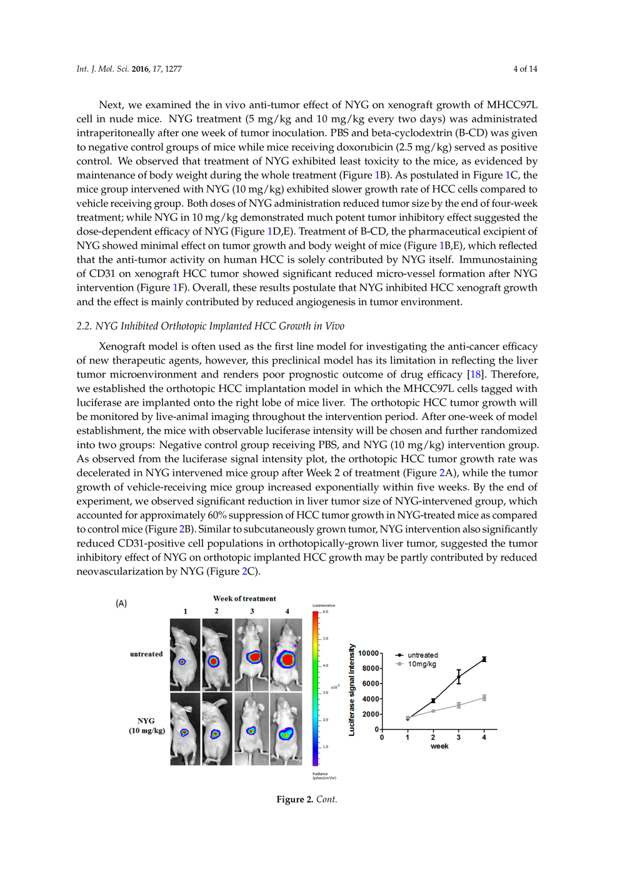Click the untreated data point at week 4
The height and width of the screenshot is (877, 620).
pos(484,659)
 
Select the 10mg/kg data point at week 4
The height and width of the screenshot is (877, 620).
pos(484,698)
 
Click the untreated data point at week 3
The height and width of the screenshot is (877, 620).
pos(459,677)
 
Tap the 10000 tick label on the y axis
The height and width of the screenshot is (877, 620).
pos(368,653)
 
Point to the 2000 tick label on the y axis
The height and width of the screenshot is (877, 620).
pos(371,714)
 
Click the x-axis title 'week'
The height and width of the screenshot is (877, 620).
pos(439,746)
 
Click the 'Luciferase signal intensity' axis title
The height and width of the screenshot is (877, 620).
pos(352,689)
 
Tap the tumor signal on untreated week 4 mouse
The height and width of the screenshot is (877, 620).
pos(287,659)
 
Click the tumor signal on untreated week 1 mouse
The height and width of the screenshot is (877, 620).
pos(182,661)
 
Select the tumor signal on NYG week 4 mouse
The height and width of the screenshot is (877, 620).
pos(286,734)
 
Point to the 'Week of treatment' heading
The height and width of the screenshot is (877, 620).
pos(244,599)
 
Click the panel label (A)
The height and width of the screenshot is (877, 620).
pos(121,603)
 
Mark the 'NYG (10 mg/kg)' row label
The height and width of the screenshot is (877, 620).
pos(146,726)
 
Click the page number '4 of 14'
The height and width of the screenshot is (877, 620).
pos(525,69)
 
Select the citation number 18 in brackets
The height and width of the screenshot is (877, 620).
pos(476,374)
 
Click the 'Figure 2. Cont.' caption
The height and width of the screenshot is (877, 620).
pos(307,799)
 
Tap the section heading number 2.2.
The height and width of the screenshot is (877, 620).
pos(84,326)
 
